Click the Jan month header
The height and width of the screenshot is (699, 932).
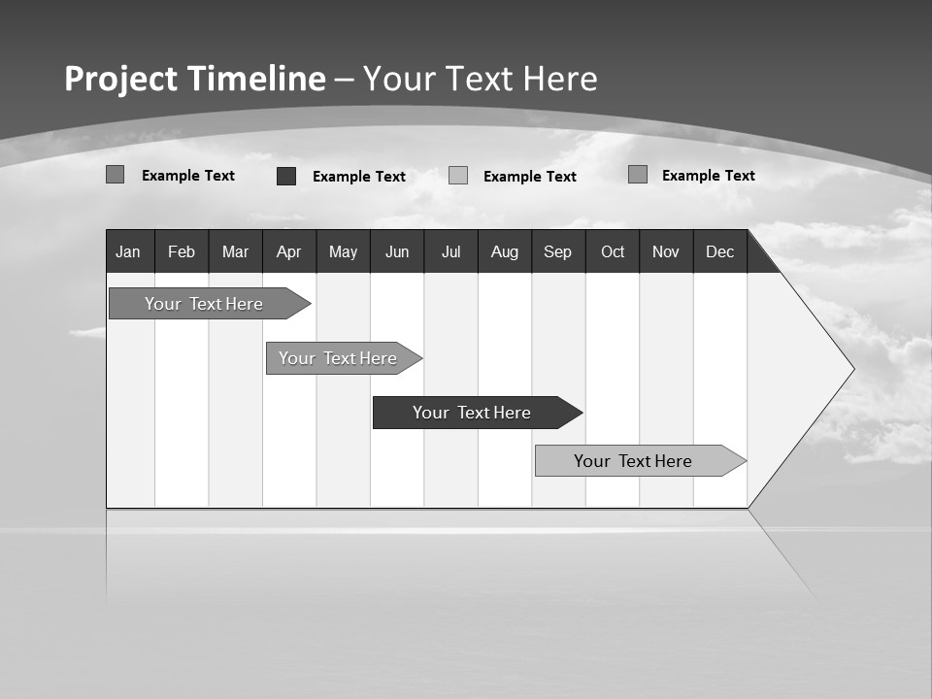pos(129,251)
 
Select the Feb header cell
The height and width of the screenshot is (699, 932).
pos(182,251)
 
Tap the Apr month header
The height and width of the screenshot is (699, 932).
pos(288,251)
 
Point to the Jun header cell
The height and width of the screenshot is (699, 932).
pos(397,251)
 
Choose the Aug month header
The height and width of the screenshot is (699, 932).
pos(505,251)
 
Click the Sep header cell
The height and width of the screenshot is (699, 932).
pos(558,251)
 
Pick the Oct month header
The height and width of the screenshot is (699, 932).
pos(613,251)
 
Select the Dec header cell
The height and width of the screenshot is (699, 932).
pos(720,251)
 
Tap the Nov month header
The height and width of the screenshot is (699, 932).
pos(666,251)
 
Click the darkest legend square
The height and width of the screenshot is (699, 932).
pos(286,176)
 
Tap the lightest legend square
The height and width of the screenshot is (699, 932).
pos(458,176)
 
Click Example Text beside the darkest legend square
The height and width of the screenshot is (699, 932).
pos(359,177)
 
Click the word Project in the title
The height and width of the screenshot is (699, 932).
pos(122,79)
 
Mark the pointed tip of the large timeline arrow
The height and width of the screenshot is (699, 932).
pos(852,369)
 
